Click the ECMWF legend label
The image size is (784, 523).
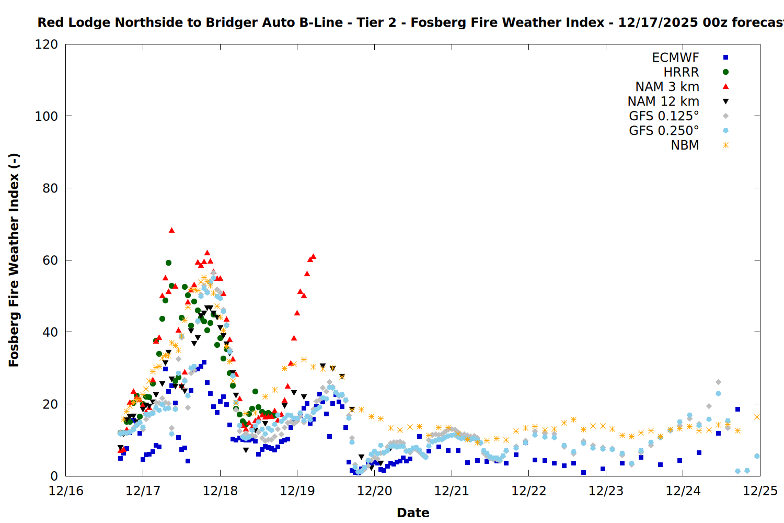(675, 58)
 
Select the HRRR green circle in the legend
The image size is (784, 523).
(725, 72)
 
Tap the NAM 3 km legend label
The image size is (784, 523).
(667, 87)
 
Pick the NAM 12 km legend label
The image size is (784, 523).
(663, 101)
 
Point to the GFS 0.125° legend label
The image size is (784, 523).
(664, 116)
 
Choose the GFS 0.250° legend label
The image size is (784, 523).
(664, 131)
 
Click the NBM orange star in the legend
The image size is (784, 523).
(725, 145)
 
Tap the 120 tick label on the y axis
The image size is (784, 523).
(47, 44)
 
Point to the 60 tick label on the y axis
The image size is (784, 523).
(50, 260)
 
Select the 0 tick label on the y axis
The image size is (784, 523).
(54, 476)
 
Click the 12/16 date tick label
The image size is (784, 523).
(66, 491)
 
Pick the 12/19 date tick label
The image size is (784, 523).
(297, 491)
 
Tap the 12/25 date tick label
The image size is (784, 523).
(760, 491)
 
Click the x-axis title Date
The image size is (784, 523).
(413, 513)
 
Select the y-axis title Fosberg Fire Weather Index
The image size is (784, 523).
(14, 260)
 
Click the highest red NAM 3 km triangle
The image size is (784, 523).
(171, 230)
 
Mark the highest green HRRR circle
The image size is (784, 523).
(168, 263)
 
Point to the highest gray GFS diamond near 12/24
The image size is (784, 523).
(718, 382)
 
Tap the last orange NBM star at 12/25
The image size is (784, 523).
(757, 417)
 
